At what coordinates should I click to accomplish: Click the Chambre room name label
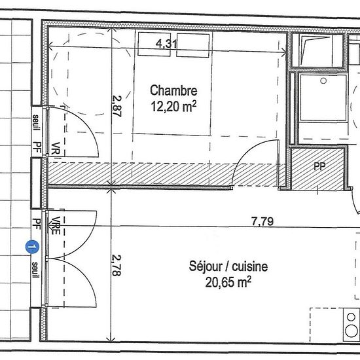tap(173, 90)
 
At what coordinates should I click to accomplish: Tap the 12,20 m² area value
tap(174, 107)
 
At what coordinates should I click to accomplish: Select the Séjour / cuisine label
tap(228, 266)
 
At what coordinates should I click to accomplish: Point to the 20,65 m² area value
tap(228, 282)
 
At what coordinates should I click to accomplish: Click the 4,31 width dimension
tap(166, 44)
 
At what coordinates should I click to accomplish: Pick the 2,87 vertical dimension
tap(117, 106)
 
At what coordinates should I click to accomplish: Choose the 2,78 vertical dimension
tap(116, 265)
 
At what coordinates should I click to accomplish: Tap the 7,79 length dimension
tap(262, 221)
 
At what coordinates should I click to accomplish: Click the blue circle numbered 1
tap(32, 247)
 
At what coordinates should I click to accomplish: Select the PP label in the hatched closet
tap(319, 166)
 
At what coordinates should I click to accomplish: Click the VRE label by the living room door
tap(56, 226)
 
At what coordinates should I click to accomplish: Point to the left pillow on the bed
tap(154, 44)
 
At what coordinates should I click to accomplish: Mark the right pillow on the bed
tap(193, 45)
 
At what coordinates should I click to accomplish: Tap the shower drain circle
tap(323, 81)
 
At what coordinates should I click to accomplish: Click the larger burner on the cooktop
tap(351, 331)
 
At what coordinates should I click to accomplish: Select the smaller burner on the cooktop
tap(351, 317)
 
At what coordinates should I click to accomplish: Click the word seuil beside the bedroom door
tap(36, 122)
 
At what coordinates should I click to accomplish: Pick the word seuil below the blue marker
tap(35, 270)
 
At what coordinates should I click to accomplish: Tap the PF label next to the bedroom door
tap(37, 148)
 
